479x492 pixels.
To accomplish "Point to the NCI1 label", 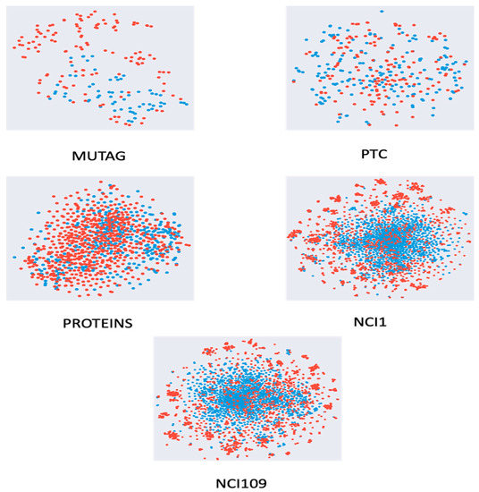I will [381, 317].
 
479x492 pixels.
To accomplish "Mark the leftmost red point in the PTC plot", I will [293, 81].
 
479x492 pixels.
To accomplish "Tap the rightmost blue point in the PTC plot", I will [462, 89].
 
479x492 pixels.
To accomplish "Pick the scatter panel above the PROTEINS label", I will [99, 238].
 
